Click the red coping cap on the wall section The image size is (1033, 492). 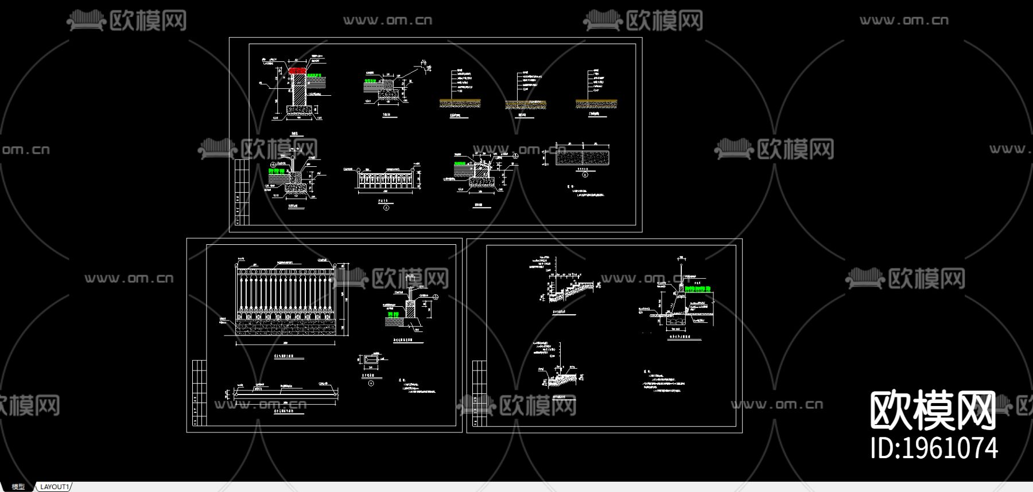tap(298, 71)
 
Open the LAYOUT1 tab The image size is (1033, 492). tap(55, 487)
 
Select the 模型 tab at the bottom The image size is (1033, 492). tap(18, 487)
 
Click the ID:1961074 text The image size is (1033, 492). tap(934, 448)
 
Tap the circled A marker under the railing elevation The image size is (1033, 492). tap(386, 208)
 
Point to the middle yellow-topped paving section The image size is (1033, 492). tap(525, 104)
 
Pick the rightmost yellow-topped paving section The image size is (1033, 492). tap(596, 103)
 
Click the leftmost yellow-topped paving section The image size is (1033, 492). tap(460, 103)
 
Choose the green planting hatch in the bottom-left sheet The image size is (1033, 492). tap(393, 315)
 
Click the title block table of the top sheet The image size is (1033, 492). tap(242, 192)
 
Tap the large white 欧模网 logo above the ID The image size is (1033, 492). tap(933, 409)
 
